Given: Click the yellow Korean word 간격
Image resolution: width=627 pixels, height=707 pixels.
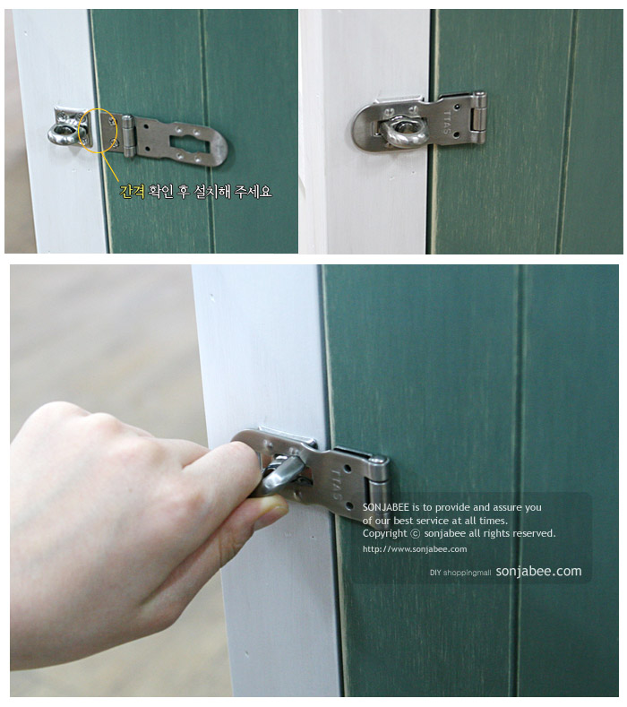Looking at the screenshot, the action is [x=132, y=192].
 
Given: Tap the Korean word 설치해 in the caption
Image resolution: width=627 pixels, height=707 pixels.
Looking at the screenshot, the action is [x=212, y=192].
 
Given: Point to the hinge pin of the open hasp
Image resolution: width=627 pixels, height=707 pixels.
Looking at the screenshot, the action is [x=128, y=135].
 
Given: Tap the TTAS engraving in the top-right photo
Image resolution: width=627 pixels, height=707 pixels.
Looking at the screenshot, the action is [x=446, y=122].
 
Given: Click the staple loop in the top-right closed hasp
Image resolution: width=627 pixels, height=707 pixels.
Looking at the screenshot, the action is [x=400, y=131].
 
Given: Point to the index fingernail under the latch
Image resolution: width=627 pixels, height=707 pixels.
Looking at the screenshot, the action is [x=275, y=510].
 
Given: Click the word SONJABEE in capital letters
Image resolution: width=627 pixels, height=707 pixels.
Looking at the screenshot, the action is [x=386, y=507].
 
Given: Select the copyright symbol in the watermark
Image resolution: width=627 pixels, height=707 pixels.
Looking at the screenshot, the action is [x=415, y=533].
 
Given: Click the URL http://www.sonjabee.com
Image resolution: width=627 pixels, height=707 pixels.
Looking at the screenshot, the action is [x=415, y=549].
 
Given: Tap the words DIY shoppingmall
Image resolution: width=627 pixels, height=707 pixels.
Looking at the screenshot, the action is [x=460, y=573].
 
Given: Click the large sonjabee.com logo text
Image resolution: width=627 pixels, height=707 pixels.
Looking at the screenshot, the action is [x=538, y=572].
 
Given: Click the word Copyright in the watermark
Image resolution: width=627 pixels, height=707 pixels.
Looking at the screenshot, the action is [x=385, y=533].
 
